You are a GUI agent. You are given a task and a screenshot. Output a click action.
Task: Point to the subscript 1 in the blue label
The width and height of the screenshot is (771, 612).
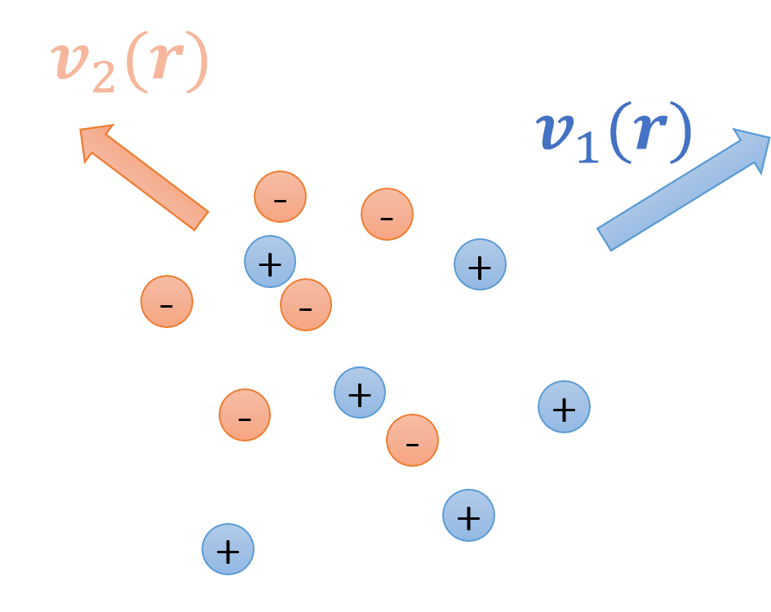coord(586,152)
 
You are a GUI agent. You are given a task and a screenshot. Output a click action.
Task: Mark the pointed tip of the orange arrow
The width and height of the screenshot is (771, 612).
coord(82,128)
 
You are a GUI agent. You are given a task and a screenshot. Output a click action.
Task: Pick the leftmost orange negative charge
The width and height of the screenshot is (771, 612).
coord(166,302)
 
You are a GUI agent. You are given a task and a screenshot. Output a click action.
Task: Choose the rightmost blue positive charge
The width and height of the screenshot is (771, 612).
coord(564,406)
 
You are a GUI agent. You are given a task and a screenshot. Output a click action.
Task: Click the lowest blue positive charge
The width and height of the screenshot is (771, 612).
coord(228,549)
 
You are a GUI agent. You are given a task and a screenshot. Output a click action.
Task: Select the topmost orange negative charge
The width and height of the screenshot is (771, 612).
coord(280,197)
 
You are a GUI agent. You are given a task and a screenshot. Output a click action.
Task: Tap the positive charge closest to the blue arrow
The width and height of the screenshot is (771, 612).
coord(480,264)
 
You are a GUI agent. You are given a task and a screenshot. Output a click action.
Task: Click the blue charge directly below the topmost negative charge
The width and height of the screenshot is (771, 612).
coord(269,262)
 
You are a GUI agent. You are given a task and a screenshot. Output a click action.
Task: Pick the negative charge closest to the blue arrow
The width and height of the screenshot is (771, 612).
coord(387,215)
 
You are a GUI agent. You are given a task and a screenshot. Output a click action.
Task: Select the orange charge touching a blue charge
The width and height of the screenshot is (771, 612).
coord(306,304)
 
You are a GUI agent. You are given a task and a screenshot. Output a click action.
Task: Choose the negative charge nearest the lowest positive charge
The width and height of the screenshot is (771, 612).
coord(245,415)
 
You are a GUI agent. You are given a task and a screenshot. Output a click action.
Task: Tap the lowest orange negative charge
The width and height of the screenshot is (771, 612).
coord(412,441)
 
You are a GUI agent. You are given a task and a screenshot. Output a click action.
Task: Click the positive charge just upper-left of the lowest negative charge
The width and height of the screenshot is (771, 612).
coord(359,392)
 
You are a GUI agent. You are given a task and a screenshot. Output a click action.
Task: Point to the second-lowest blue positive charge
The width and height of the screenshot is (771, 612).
coord(468,515)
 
